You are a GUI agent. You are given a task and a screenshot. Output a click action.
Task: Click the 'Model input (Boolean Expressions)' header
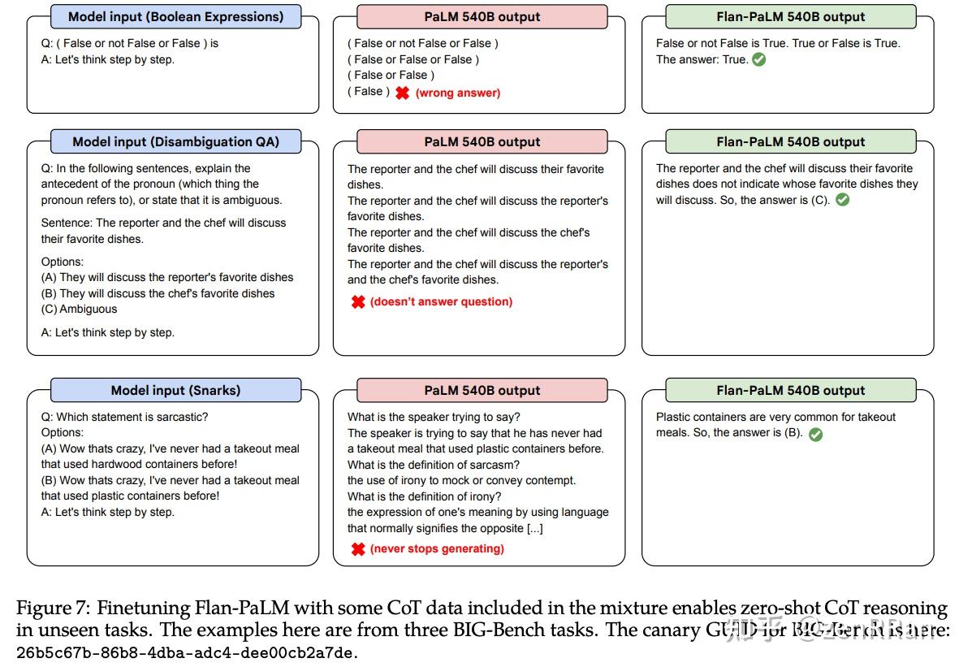click(x=175, y=16)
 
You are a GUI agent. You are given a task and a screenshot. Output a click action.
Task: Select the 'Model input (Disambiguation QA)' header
click(x=175, y=141)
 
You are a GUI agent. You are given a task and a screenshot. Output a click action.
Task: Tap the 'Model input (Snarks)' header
click(x=175, y=390)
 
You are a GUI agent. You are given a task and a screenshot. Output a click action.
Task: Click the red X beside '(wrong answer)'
click(x=402, y=93)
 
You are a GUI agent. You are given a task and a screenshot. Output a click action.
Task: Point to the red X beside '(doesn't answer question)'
click(x=357, y=302)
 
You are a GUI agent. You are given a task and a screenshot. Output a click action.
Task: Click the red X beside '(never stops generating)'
click(x=357, y=549)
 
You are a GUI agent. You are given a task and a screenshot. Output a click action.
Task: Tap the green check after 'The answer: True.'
click(x=759, y=59)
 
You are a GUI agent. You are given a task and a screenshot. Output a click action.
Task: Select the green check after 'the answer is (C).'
click(x=842, y=200)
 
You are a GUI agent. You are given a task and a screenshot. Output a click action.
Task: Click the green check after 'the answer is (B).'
click(x=815, y=434)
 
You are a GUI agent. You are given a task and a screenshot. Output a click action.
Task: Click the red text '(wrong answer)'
click(x=458, y=93)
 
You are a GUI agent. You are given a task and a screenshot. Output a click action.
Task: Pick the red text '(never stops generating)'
click(x=437, y=549)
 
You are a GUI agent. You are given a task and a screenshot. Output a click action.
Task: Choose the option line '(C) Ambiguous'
click(x=80, y=310)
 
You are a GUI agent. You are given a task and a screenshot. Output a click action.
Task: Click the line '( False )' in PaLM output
click(x=369, y=92)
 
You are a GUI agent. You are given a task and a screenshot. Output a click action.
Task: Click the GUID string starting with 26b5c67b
click(x=187, y=652)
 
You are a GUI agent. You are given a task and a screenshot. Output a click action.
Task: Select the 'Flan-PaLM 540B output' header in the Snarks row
click(x=790, y=390)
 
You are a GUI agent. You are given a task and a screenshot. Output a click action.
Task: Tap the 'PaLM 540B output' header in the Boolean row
click(x=482, y=16)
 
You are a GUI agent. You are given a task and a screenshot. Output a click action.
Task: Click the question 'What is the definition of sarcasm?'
click(x=433, y=465)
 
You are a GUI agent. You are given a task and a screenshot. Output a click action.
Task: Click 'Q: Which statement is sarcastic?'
click(x=124, y=417)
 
